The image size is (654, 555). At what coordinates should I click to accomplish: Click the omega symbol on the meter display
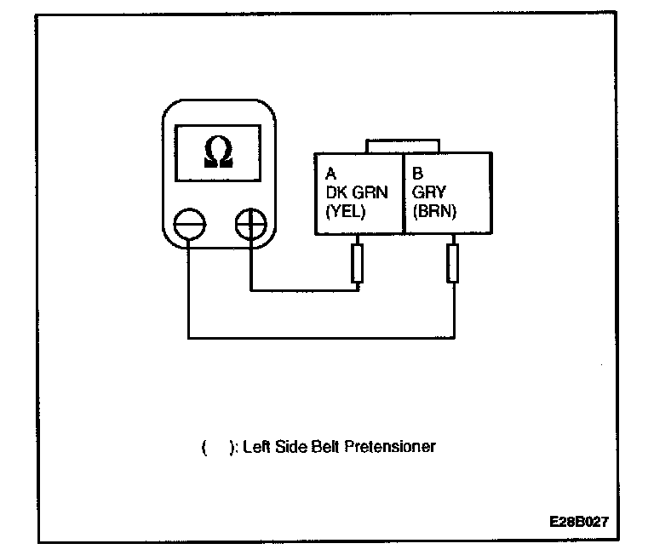(x=217, y=152)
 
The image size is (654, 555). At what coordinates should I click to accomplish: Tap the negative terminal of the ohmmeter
(x=187, y=226)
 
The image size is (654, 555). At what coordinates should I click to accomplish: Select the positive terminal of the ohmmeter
(x=250, y=226)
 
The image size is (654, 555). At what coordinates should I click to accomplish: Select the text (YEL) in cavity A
(x=346, y=213)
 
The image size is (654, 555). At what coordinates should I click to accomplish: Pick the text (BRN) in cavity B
(x=434, y=213)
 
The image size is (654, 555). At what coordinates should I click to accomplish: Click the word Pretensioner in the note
(x=393, y=446)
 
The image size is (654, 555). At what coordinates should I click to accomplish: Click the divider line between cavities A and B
(x=403, y=194)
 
